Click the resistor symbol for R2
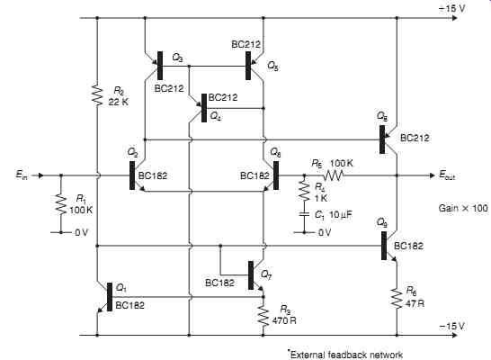pos(97,94)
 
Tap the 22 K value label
pos(119,102)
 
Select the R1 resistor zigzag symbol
pos(61,205)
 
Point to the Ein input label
pos(22,175)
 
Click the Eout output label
pos(447,175)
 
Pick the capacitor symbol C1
pos(304,214)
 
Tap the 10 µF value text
pos(341,214)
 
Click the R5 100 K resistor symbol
pos(334,175)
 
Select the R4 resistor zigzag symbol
pos(304,191)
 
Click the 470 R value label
pos(284,320)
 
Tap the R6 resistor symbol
pos(397,299)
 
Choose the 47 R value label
pos(415,303)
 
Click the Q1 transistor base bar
pos(110,297)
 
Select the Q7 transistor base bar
pos(251,275)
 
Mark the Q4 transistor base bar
pos(204,108)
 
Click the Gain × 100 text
pos(463,209)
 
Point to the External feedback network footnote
pos(345,355)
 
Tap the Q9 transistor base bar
pos(384,246)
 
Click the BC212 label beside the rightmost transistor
pos(415,138)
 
